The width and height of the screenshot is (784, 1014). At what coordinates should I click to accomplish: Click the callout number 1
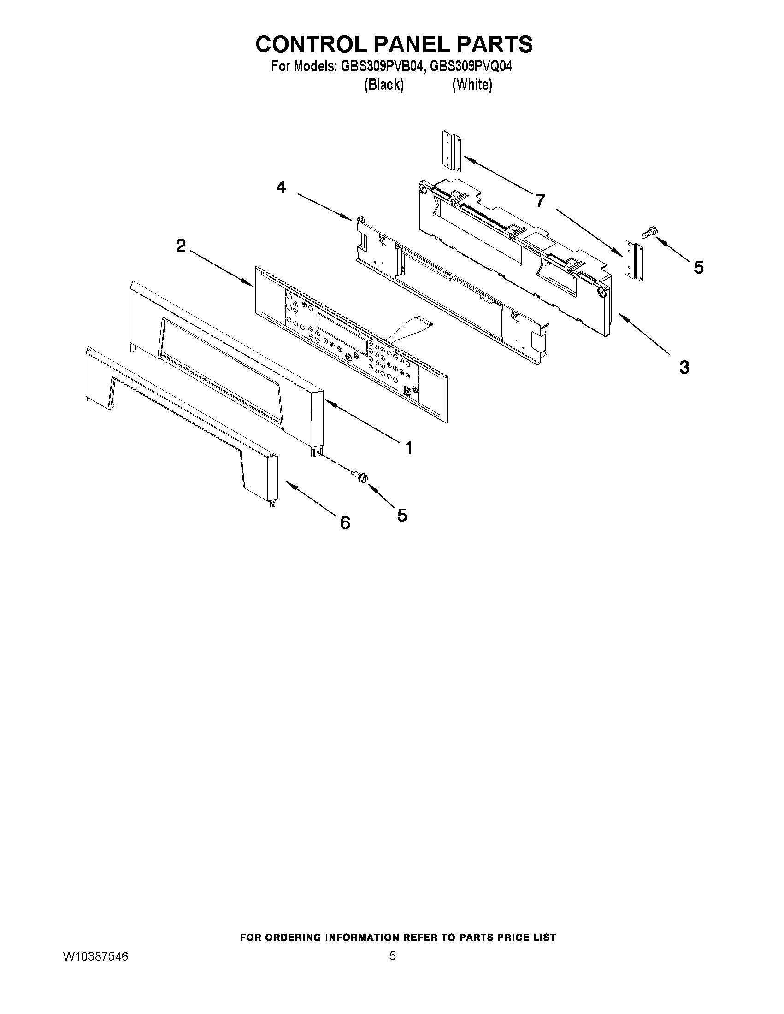point(408,448)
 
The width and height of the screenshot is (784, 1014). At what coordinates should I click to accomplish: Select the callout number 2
point(181,246)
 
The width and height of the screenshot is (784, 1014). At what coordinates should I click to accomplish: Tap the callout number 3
point(684,367)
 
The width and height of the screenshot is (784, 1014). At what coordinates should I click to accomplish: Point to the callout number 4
point(281,187)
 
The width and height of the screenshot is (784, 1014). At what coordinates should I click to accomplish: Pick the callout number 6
point(345,523)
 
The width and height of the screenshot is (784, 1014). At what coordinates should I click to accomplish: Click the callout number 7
point(540,201)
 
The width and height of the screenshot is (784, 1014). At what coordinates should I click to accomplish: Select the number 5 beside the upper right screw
point(698,267)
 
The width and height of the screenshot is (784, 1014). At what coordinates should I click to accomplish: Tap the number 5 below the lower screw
point(402,515)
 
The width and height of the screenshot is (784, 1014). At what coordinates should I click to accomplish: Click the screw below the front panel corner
point(360,476)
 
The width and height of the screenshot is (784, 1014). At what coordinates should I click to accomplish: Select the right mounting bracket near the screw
point(634,261)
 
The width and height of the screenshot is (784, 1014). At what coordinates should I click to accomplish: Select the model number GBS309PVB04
point(382,67)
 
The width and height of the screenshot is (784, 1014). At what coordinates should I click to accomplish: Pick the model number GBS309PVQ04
point(471,67)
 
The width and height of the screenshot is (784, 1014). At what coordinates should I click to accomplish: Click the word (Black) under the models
point(383,84)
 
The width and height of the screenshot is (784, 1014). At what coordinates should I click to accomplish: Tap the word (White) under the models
point(472,84)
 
